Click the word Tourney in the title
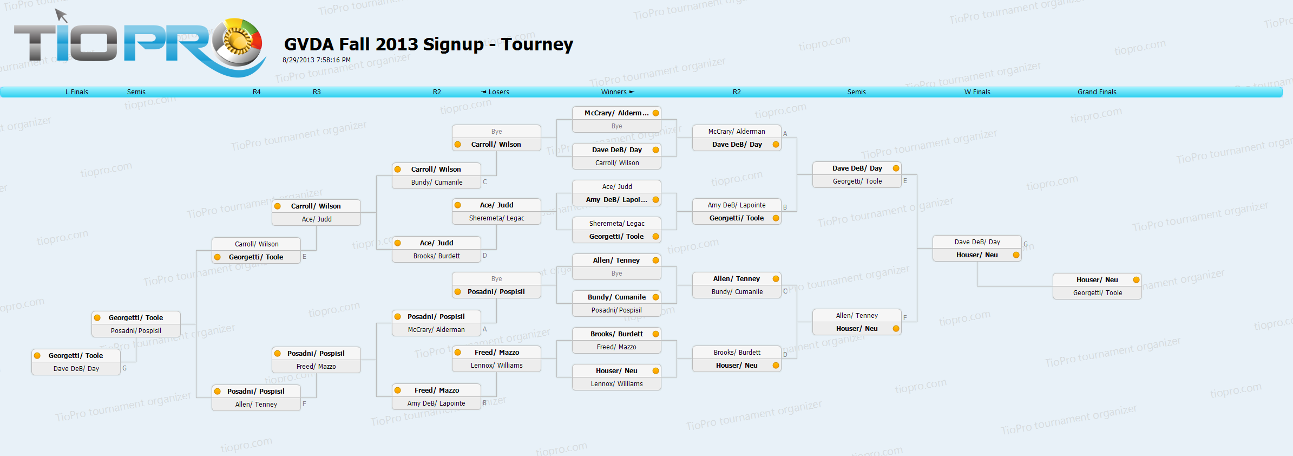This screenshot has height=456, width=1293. pos(537,44)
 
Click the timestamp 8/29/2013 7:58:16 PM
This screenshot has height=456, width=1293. pos(317,60)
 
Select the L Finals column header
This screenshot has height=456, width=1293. pos(77,92)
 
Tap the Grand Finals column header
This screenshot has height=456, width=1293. pos(1097,92)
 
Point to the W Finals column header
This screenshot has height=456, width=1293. pos(977,92)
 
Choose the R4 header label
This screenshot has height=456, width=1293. pos(257,92)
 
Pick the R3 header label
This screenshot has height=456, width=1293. pos(317,92)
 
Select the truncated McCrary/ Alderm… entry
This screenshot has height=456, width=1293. pos(616,113)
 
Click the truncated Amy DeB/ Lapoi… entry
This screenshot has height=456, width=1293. pos(616,200)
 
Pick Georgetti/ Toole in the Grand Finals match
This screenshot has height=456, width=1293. pos(1098,293)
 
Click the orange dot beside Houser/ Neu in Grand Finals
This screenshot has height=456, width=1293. pos(1136,280)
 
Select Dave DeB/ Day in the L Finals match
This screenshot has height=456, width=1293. pos(76,369)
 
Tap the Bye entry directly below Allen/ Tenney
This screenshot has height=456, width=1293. pos(616,273)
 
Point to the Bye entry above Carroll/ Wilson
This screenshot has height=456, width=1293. pos(496,132)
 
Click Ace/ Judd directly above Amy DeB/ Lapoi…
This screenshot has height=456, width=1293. pos(617,187)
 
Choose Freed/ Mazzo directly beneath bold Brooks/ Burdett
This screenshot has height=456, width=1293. pos(616,347)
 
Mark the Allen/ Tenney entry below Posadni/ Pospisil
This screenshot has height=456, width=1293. pos(256,405)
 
